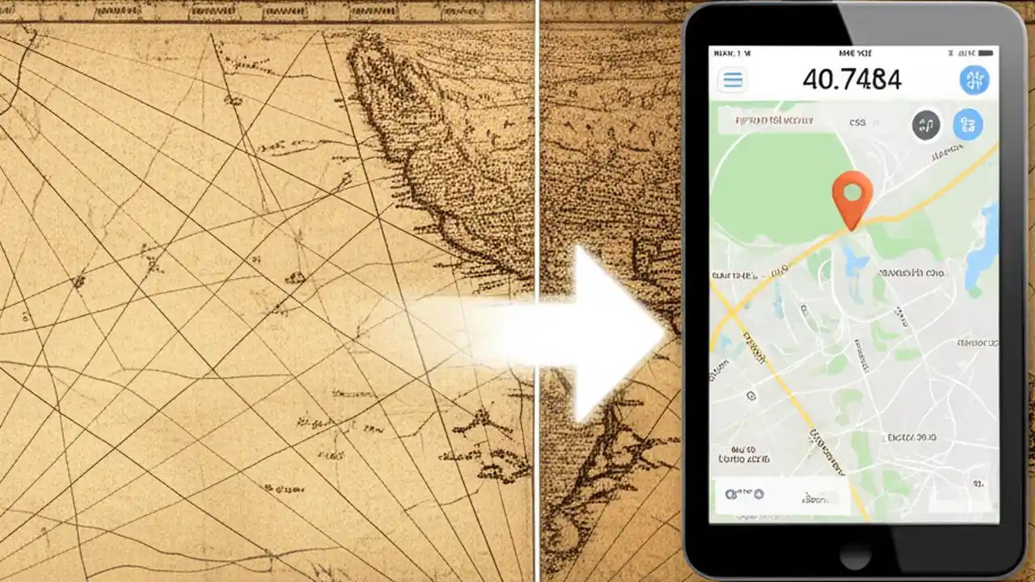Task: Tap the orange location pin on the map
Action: click(852, 196)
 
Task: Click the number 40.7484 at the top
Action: click(851, 79)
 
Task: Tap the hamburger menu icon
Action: click(733, 79)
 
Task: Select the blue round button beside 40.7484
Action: click(974, 79)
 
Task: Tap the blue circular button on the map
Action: click(967, 124)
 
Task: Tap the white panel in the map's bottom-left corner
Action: click(780, 494)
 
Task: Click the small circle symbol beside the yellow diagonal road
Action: click(750, 396)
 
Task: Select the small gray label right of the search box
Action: click(857, 124)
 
